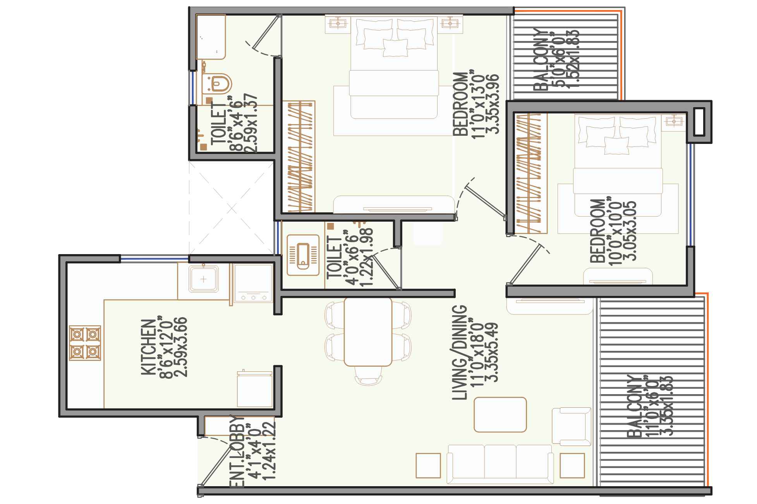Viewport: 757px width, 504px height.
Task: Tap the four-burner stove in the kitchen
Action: tap(85, 343)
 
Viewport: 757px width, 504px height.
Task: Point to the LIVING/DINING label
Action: tap(460, 352)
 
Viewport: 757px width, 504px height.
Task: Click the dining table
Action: tap(367, 331)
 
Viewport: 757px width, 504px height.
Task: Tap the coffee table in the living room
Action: tap(500, 414)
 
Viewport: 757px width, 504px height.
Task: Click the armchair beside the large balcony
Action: tap(571, 426)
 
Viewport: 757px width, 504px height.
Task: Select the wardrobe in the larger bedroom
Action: tap(298, 157)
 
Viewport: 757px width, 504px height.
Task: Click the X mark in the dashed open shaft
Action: tap(232, 209)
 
